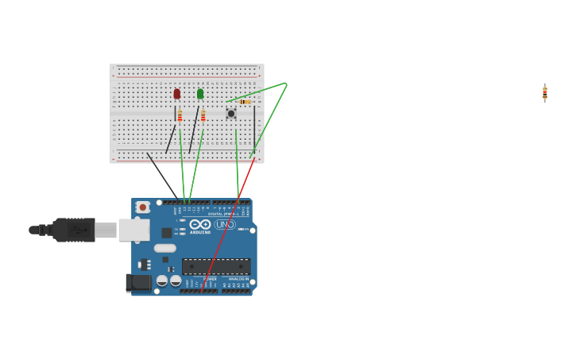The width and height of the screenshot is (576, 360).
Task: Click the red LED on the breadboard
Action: click(176, 94)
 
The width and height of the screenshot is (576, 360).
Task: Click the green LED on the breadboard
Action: click(200, 94)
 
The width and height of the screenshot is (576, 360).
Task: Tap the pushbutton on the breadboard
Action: click(231, 114)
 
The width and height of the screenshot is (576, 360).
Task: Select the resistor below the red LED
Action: click(180, 116)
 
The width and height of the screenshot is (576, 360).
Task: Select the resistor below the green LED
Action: click(203, 116)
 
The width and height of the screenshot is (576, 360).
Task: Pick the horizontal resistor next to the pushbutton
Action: click(245, 102)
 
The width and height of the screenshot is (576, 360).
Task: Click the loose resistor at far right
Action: click(545, 93)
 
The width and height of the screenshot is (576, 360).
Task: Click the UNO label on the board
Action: click(224, 224)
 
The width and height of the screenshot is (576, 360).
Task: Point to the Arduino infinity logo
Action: click(199, 224)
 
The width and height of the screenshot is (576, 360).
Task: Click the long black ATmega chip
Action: click(216, 266)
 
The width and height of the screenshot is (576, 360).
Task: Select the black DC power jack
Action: click(139, 282)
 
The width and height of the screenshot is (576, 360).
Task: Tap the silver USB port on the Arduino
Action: click(133, 230)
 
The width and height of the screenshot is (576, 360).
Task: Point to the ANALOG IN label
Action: click(238, 279)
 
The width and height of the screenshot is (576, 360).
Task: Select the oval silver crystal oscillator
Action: click(165, 248)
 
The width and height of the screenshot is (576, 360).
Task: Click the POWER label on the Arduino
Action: click(210, 279)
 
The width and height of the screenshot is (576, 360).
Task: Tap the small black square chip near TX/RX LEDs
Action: click(167, 233)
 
